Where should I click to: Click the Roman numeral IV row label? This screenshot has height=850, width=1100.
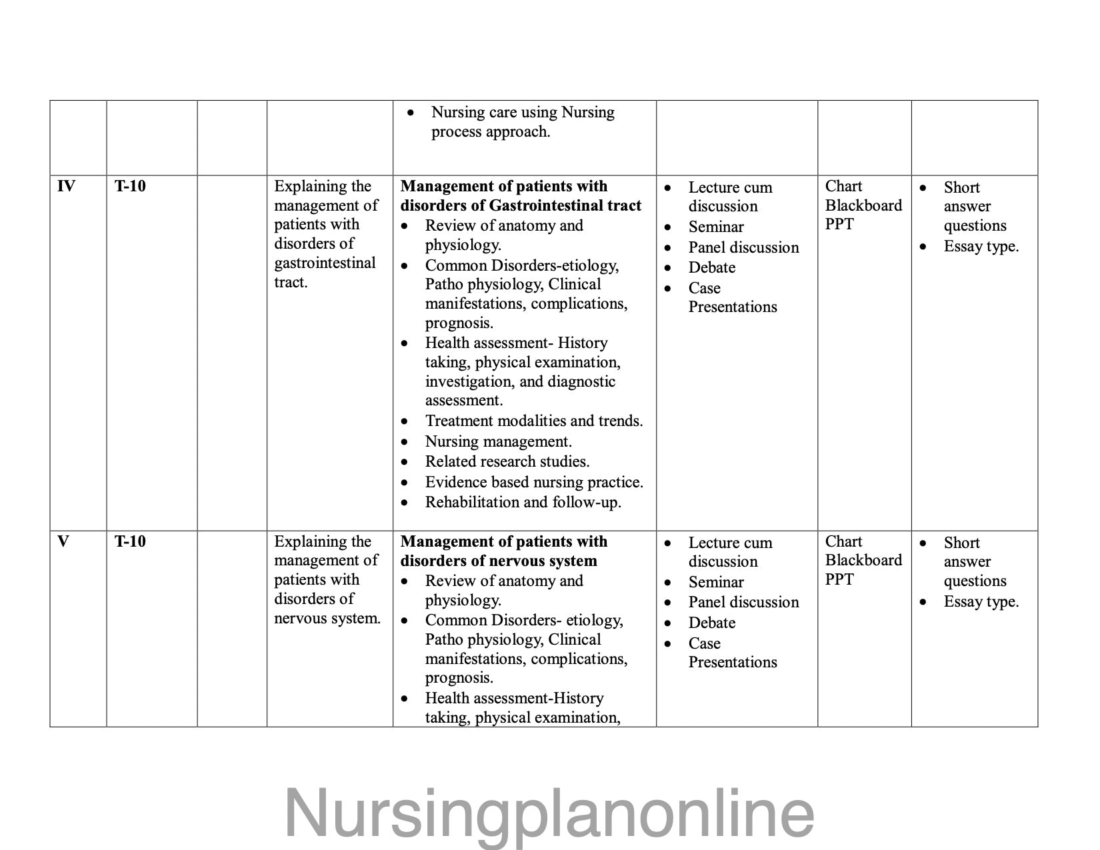(x=66, y=186)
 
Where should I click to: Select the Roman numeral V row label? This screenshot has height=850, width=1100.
(x=63, y=541)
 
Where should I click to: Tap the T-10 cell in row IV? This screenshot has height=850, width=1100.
(x=130, y=186)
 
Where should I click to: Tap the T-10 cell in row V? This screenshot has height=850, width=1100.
(x=130, y=541)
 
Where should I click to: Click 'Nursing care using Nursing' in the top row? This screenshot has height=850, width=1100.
(x=523, y=112)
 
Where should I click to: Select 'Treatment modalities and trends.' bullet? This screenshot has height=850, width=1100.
(x=534, y=421)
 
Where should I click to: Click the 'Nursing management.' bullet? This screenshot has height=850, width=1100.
(x=499, y=441)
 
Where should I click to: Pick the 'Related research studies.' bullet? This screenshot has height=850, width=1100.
(x=507, y=461)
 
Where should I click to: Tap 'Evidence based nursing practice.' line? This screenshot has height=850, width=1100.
(x=534, y=482)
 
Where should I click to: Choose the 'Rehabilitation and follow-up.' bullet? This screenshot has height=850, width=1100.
(x=523, y=502)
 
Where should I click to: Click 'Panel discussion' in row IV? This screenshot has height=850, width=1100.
(x=743, y=247)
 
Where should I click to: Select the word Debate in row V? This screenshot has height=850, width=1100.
(x=712, y=623)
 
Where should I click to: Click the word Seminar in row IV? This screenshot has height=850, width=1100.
(x=716, y=227)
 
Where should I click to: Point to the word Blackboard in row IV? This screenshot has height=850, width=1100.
(x=863, y=205)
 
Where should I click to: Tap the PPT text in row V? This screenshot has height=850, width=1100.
(x=839, y=579)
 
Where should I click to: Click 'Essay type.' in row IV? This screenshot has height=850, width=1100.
(x=981, y=246)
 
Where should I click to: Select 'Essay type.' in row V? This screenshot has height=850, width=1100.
(x=981, y=601)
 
